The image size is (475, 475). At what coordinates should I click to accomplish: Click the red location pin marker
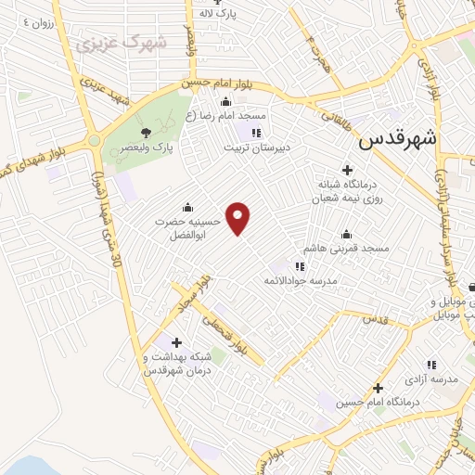pyautogui.click(x=238, y=217)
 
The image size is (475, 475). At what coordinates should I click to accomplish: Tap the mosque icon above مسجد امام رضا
pyautogui.click(x=225, y=102)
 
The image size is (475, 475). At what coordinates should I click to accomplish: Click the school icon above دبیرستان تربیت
pyautogui.click(x=257, y=132)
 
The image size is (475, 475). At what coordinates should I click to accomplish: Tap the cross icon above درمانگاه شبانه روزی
pyautogui.click(x=348, y=170)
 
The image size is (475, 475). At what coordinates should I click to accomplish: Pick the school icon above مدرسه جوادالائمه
pyautogui.click(x=299, y=267)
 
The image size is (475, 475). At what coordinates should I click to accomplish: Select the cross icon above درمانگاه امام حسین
pyautogui.click(x=378, y=388)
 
